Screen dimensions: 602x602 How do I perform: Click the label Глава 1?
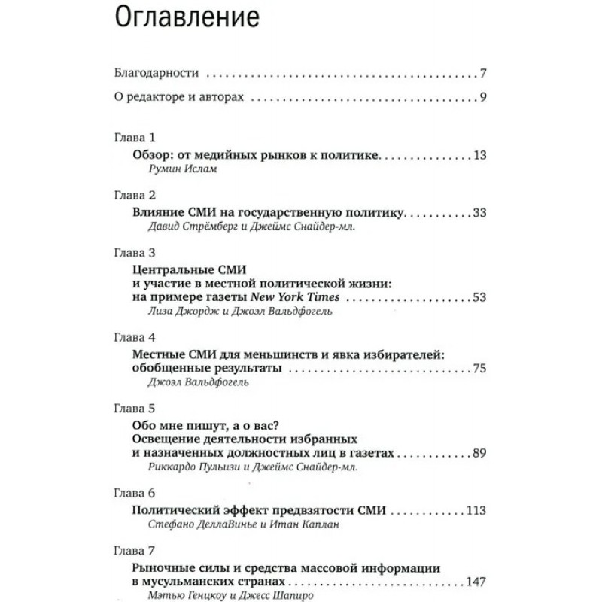click(133, 138)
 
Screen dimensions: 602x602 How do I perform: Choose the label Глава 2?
click(133, 195)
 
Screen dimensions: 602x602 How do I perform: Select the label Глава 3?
click(133, 252)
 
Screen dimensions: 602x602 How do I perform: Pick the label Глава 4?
click(133, 337)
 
